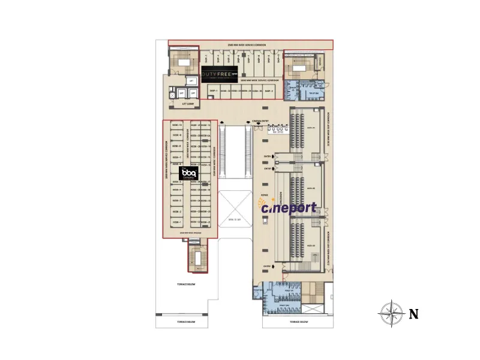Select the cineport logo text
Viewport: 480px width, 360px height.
pyautogui.click(x=289, y=208)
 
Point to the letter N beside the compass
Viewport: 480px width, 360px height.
pyautogui.click(x=413, y=313)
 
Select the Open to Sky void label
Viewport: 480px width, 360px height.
pyautogui.click(x=233, y=220)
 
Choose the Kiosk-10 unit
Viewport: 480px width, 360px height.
pyautogui.click(x=176, y=125)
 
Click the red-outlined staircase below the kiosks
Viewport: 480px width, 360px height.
pyautogui.click(x=194, y=257)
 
